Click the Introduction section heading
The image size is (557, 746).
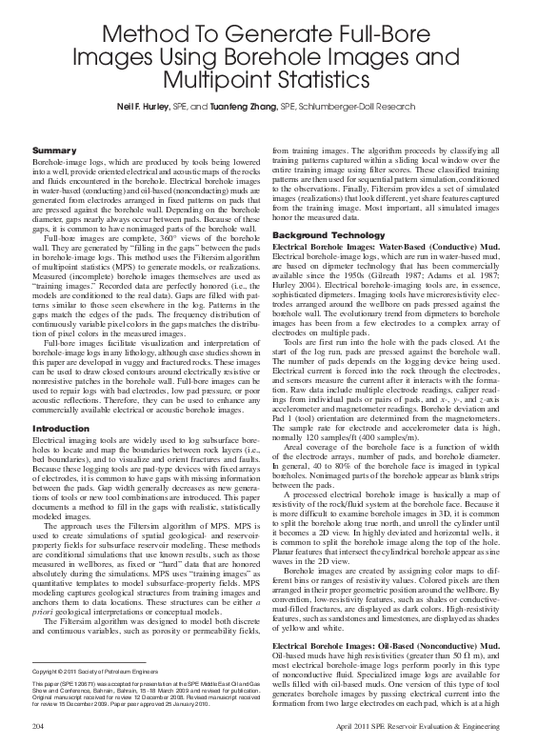[x=59, y=430]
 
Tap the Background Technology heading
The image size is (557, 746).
[x=328, y=234]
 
